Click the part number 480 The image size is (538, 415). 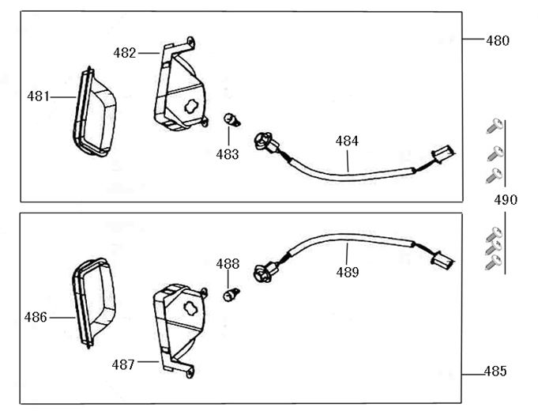pos(498,40)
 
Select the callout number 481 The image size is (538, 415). pos(38,96)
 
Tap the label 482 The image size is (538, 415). pos(125,53)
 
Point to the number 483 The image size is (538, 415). pos(228,154)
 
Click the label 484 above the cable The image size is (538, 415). pos(347,141)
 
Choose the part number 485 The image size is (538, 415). pos(495,371)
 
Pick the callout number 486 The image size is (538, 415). pos(36,317)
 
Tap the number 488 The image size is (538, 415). pos(228,264)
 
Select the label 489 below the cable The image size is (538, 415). pos(347,273)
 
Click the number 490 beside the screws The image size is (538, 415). pos(506,200)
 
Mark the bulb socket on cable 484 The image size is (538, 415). pos(264,143)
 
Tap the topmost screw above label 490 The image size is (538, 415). pos(495,125)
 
